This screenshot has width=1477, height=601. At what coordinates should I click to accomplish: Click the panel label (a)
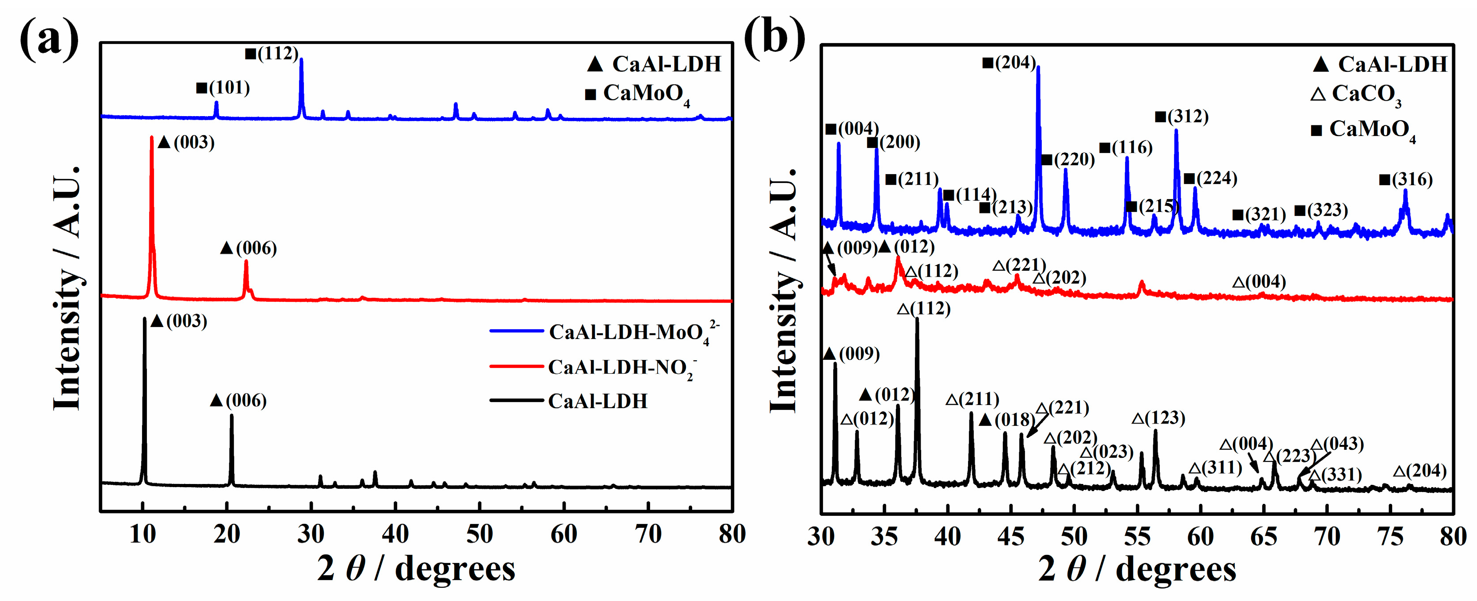click(49, 37)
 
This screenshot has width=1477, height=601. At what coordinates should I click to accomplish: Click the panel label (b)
click(774, 37)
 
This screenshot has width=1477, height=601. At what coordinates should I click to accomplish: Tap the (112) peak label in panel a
click(272, 53)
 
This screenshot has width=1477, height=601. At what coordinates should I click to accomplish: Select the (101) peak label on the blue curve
click(224, 88)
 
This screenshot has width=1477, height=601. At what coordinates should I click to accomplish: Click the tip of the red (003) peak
click(151, 137)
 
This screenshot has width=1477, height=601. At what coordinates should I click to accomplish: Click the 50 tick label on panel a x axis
click(479, 535)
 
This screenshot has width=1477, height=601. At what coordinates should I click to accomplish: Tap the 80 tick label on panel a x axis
click(732, 535)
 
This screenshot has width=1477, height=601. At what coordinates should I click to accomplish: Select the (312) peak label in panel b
click(1182, 116)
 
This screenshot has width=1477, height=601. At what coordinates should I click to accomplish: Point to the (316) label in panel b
click(1405, 180)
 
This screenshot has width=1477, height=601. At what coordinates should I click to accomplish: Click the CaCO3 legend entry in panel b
click(1356, 94)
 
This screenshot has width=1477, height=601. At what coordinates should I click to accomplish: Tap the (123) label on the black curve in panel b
click(1159, 418)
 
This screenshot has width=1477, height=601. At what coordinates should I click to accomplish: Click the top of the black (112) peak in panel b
click(917, 319)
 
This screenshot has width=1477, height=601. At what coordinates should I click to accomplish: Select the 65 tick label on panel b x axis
click(1263, 537)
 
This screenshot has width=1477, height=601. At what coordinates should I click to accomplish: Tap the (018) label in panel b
click(1008, 420)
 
